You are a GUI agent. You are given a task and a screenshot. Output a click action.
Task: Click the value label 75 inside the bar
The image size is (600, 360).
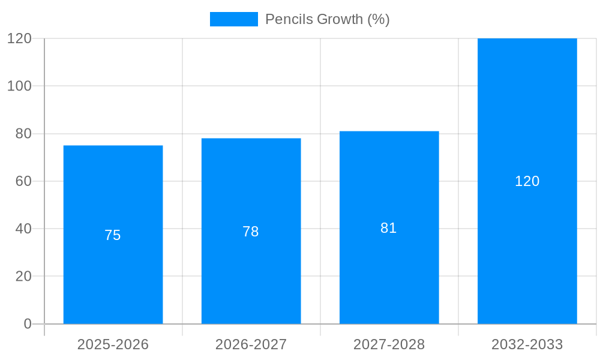pos(113,235)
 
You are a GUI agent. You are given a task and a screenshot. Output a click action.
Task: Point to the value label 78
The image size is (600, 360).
pos(251,232)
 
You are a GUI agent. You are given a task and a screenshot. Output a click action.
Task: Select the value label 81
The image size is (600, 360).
pos(389,228)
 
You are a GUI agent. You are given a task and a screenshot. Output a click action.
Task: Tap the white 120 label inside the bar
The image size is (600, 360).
pos(527,181)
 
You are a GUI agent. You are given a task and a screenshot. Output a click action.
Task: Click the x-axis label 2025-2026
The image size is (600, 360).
pos(113,344)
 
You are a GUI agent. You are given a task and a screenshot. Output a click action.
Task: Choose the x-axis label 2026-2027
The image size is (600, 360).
pos(251,344)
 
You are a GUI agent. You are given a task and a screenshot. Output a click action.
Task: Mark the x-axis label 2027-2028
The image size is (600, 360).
pos(389,344)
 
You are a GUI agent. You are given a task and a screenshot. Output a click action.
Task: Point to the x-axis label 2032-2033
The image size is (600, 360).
pos(527,344)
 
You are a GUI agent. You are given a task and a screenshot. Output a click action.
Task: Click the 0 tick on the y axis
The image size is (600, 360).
pos(28,324)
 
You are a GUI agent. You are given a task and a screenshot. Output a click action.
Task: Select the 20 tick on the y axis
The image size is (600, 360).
pos(23,277)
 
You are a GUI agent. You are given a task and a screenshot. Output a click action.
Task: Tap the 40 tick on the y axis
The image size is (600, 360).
pos(23,229)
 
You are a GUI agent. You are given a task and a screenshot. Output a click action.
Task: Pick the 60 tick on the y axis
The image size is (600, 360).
pos(23,181)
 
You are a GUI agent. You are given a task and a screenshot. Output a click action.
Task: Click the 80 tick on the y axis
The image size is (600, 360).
pos(23,134)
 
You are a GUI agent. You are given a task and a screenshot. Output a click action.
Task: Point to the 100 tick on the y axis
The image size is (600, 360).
pos(19,86)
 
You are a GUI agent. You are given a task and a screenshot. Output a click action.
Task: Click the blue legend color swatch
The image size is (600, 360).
pos(233,19)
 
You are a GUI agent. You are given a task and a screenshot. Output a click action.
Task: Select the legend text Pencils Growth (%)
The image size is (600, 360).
pos(328,19)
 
